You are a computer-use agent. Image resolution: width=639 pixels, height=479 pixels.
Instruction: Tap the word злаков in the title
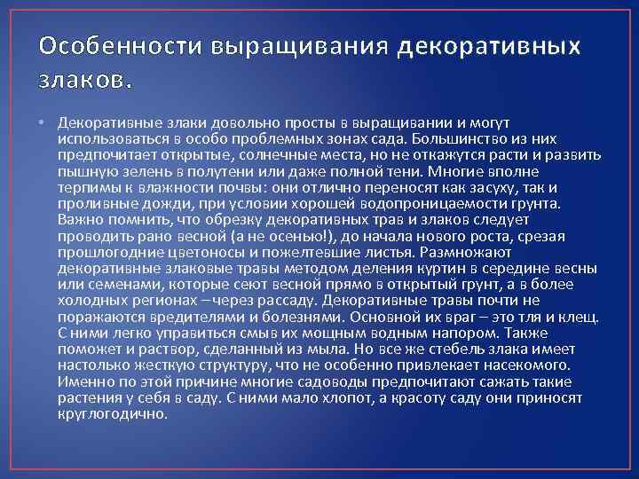point(84,81)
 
